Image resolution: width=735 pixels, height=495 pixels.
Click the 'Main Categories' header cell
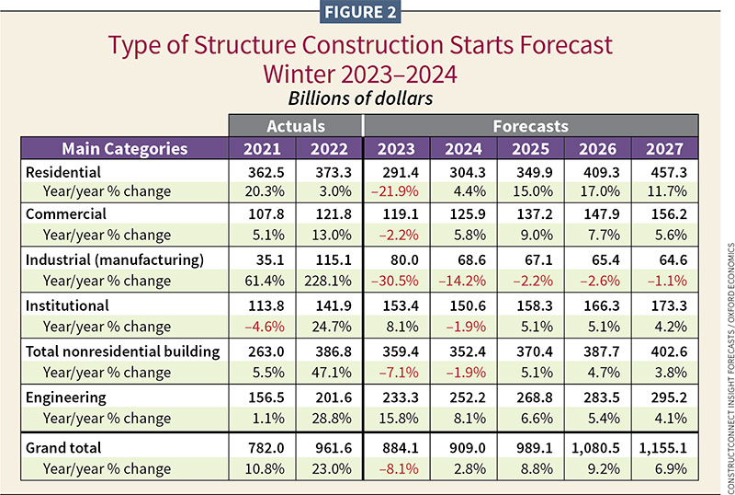(125, 149)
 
